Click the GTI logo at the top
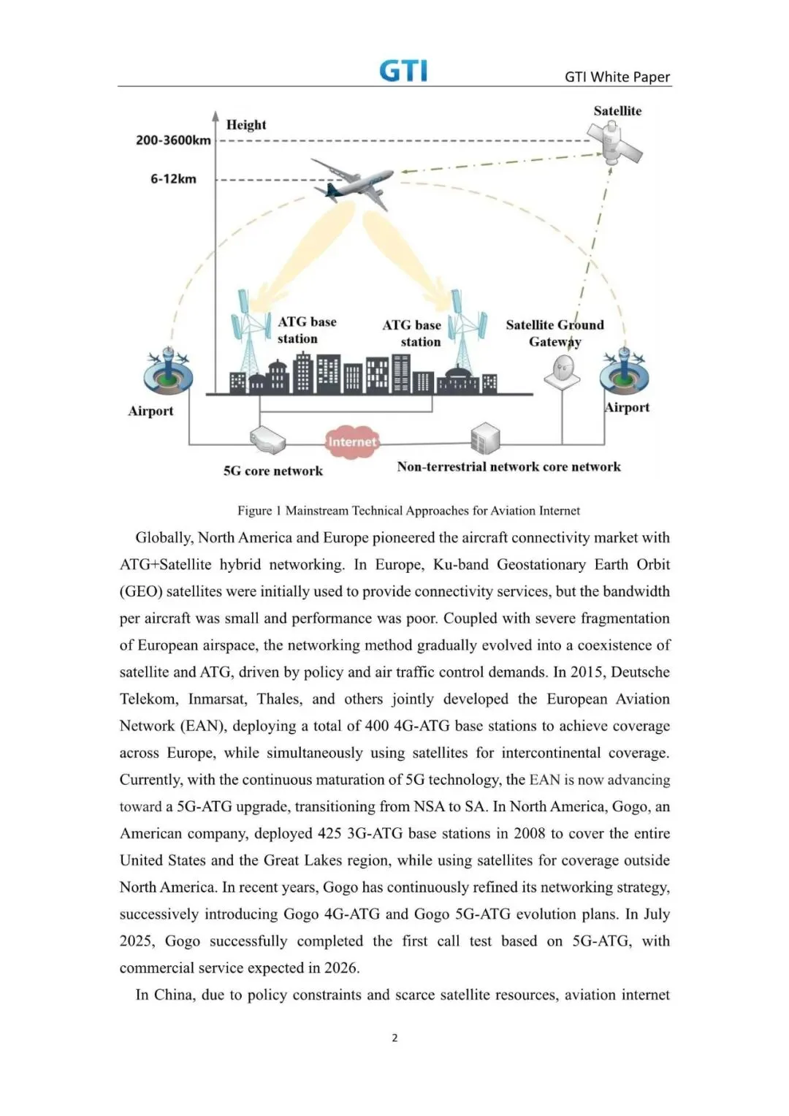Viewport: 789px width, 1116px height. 403,71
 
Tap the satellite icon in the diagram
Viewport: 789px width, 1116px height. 616,145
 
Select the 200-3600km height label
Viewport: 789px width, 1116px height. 173,140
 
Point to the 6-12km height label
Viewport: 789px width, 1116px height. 173,179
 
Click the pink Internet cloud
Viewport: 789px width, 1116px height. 352,441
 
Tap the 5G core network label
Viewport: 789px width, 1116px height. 273,471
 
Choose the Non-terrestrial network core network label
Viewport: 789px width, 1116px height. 508,467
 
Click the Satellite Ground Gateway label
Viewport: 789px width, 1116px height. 554,333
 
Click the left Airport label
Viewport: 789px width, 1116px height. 150,411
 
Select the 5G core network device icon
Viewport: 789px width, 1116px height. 267,439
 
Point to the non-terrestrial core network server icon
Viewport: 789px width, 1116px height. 485,438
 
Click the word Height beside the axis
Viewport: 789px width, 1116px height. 246,125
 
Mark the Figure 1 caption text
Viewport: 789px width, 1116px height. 408,511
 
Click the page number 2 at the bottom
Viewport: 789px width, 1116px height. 394,1038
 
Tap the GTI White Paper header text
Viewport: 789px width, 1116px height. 617,77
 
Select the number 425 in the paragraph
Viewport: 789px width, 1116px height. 332,834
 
